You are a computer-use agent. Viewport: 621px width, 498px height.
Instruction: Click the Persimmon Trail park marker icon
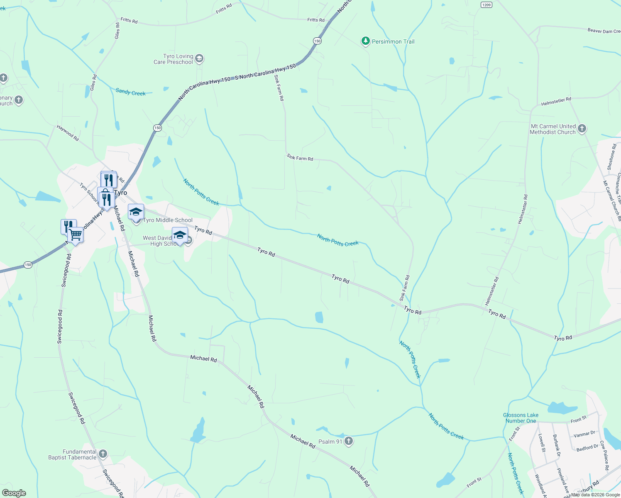[365, 41]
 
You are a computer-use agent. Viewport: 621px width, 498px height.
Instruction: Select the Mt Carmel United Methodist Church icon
[582, 129]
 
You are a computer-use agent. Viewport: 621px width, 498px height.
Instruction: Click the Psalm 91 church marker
[349, 441]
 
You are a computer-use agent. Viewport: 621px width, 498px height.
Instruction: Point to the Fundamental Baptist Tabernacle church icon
[103, 454]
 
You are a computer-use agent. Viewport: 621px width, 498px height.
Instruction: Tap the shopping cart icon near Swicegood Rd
[76, 235]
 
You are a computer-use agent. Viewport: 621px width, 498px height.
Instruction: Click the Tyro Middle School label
[168, 220]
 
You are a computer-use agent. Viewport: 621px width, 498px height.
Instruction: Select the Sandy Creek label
[130, 92]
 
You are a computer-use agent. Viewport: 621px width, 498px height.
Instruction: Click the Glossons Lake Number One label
[521, 418]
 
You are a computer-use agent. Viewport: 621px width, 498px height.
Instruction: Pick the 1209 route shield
[487, 5]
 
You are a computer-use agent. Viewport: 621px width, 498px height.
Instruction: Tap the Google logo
[14, 493]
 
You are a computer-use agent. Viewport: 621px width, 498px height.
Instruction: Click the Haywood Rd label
[68, 133]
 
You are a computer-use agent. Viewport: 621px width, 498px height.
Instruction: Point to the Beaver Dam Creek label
[604, 31]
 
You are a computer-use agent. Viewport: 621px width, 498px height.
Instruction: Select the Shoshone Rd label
[611, 157]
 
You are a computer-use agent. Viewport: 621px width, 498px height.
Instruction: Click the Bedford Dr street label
[587, 448]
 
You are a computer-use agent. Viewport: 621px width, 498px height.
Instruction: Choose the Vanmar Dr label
[584, 434]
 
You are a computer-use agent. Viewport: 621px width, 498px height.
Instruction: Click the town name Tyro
[120, 193]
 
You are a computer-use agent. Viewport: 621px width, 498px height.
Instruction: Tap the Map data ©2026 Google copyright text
[595, 494]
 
